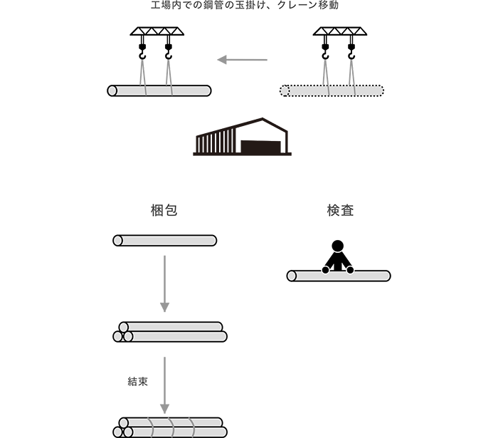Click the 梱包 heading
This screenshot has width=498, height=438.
pyautogui.click(x=164, y=210)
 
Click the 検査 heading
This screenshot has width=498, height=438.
pyautogui.click(x=340, y=210)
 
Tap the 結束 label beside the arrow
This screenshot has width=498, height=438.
pyautogui.click(x=137, y=382)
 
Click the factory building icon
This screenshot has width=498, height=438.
pyautogui.click(x=243, y=137)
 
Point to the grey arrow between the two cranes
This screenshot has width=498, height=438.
pyautogui.click(x=243, y=59)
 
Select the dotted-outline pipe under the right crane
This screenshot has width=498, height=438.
pyautogui.click(x=332, y=90)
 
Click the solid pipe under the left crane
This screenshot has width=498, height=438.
pyautogui.click(x=159, y=90)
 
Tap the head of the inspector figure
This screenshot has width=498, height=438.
pyautogui.click(x=338, y=246)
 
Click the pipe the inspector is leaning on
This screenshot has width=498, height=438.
pyautogui.click(x=339, y=276)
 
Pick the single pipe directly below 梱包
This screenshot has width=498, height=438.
pyautogui.click(x=165, y=240)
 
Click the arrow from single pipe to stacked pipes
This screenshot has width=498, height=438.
pyautogui.click(x=164, y=283)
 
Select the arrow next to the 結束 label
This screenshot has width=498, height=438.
pyautogui.click(x=164, y=385)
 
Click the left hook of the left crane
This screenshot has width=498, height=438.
pyautogui.click(x=142, y=52)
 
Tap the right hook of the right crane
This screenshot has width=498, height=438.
pyautogui.click(x=351, y=52)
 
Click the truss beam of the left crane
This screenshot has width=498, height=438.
pyautogui.click(x=157, y=31)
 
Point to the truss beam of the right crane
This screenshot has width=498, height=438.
pyautogui.click(x=340, y=31)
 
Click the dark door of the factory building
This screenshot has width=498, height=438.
pyautogui.click(x=261, y=147)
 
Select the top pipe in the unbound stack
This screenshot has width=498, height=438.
pyautogui.click(x=171, y=327)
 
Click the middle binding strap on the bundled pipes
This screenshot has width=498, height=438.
pyautogui.click(x=172, y=427)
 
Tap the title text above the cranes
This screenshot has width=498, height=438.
pyautogui.click(x=245, y=5)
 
